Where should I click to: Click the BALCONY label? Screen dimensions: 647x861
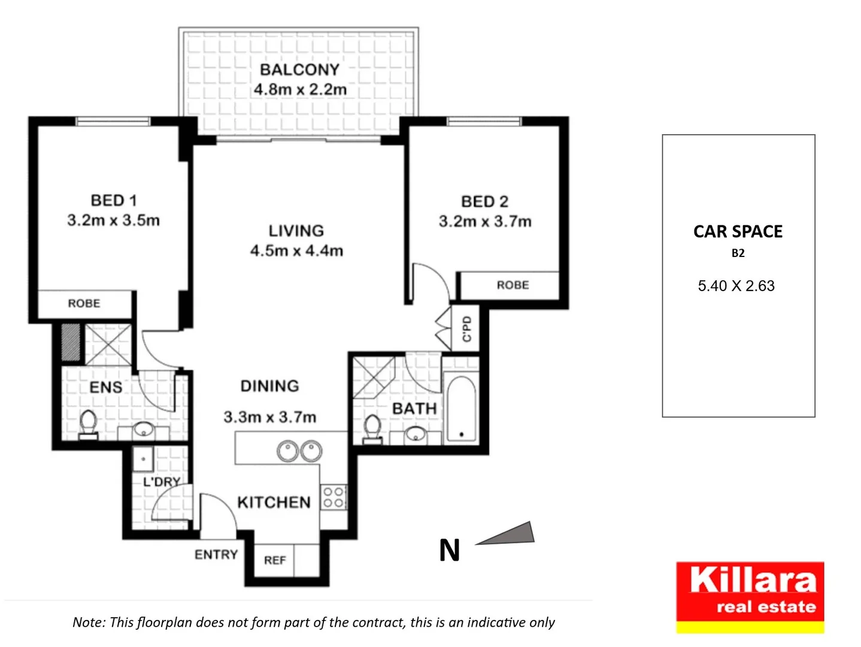[299, 69]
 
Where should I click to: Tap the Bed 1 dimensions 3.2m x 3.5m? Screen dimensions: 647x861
[113, 220]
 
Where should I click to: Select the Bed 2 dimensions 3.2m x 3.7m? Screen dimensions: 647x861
[484, 222]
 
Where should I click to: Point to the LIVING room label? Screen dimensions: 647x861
[296, 231]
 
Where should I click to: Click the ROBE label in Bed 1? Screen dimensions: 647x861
[84, 304]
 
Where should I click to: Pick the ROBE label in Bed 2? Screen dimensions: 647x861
[513, 285]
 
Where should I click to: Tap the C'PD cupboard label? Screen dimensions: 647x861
[467, 329]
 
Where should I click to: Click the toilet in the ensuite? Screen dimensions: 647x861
[89, 424]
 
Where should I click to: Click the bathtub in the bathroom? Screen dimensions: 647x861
[461, 409]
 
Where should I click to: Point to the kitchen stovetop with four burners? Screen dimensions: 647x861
[334, 497]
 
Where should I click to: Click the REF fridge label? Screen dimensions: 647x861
[275, 560]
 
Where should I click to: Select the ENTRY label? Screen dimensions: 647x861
[216, 555]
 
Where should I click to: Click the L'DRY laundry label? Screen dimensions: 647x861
[161, 482]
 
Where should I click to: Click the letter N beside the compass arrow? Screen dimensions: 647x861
[450, 550]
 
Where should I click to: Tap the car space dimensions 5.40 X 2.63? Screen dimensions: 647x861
[736, 286]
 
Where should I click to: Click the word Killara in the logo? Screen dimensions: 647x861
[753, 580]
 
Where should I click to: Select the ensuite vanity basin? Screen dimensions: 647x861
[143, 430]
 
